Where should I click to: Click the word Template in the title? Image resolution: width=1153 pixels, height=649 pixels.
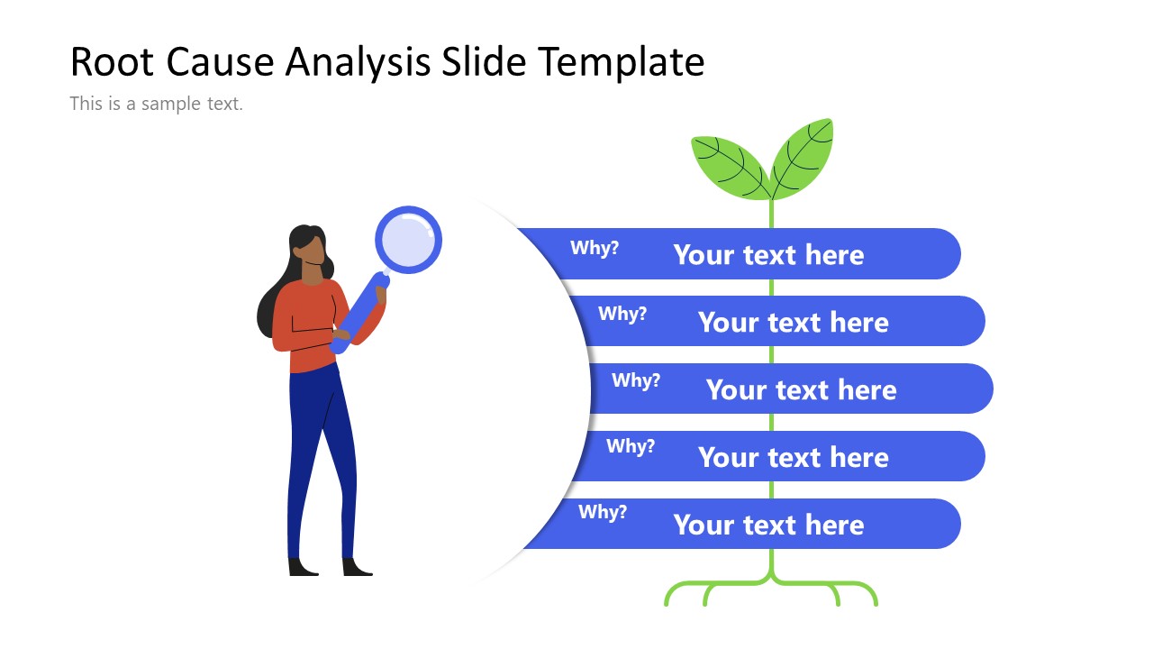622,62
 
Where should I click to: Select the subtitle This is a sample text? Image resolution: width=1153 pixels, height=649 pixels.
156,104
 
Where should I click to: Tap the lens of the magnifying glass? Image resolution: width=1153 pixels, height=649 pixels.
408,240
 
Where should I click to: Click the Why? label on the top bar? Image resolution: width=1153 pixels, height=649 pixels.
595,248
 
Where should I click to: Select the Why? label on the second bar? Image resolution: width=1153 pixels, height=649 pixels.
622,314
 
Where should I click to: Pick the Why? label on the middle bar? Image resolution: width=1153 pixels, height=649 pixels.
636,380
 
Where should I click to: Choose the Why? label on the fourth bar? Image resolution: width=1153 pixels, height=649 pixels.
631,446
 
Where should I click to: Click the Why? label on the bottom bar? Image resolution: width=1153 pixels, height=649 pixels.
603,512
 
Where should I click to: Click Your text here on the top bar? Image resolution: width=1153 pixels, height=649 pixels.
768,255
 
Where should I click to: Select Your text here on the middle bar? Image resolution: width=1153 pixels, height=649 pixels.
801,390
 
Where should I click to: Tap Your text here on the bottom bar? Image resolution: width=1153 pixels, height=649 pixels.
768,526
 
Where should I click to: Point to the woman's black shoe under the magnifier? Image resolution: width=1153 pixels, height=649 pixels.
357,567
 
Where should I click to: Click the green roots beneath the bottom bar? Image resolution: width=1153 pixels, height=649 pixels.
771,590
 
